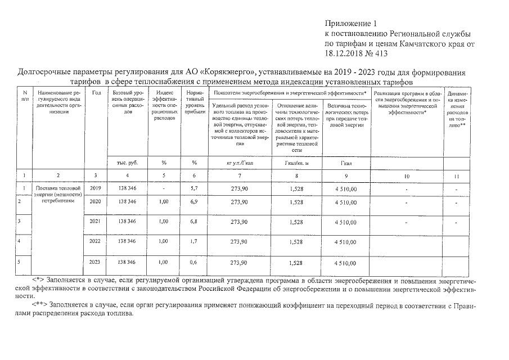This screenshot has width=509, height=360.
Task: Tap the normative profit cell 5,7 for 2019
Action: point(193,188)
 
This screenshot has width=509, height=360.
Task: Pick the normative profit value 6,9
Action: point(193,201)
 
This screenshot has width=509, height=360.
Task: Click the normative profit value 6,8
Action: point(193,222)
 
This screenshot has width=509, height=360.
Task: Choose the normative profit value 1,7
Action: point(193,241)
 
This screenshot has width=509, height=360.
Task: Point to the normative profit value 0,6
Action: point(193,262)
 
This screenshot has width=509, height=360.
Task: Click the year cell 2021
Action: point(96,222)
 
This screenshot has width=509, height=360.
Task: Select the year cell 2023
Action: point(96,262)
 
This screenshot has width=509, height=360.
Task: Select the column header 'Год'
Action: point(96,92)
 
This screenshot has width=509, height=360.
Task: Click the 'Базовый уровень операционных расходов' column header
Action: point(127,102)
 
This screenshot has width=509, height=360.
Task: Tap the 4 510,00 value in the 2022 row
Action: point(345,242)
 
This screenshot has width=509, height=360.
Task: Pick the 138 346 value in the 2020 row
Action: point(127,201)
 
